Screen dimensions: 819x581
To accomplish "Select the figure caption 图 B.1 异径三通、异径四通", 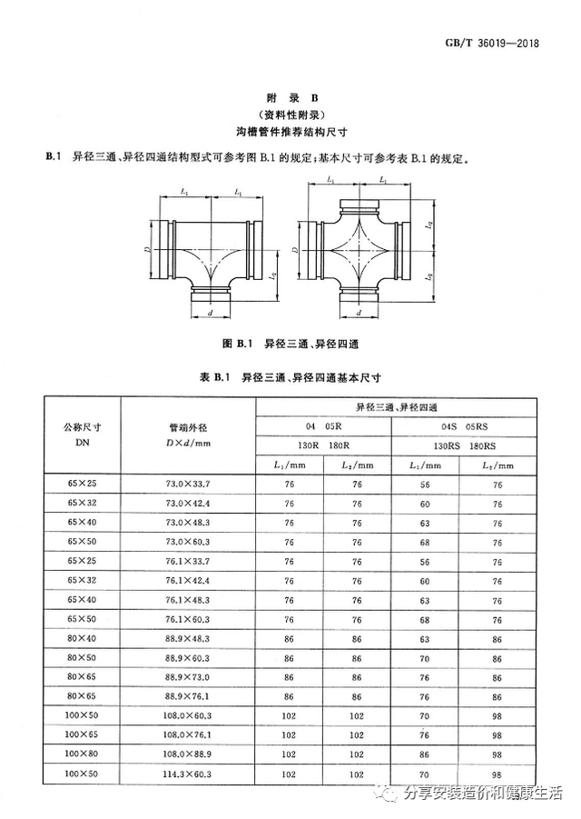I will [x=291, y=343].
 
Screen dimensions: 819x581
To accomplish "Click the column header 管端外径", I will [x=188, y=434].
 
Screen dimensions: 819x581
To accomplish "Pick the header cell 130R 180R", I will [x=323, y=445].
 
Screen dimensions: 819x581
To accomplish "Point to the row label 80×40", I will [x=81, y=639].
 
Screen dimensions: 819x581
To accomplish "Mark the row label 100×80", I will [x=81, y=754].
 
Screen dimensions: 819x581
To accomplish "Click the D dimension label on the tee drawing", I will [x=146, y=246].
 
